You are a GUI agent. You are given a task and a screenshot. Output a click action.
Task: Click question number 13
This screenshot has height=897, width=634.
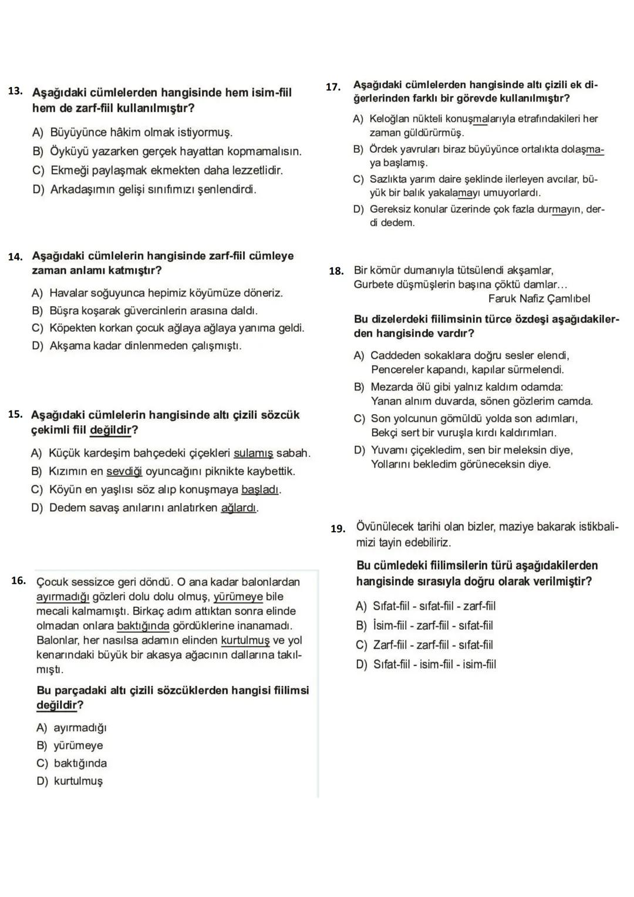pyautogui.click(x=15, y=92)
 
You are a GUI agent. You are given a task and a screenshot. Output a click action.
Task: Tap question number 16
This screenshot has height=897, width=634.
pyautogui.click(x=18, y=581)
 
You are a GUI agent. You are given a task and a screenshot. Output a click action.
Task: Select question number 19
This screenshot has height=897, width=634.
pyautogui.click(x=338, y=529)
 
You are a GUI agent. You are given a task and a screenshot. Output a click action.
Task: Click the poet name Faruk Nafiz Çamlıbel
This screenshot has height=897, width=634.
pyautogui.click(x=539, y=299)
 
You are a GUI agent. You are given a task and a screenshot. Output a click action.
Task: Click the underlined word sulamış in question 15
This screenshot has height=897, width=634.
pyautogui.click(x=254, y=453)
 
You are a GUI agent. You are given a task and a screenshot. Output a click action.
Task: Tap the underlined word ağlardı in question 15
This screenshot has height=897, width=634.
pyautogui.click(x=239, y=508)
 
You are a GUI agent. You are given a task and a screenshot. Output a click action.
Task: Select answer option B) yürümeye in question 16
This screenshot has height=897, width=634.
pyautogui.click(x=70, y=746)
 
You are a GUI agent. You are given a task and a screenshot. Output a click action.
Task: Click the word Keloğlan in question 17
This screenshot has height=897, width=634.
pyautogui.click(x=389, y=119)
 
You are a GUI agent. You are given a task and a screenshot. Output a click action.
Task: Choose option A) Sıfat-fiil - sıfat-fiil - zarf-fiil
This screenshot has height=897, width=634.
pyautogui.click(x=426, y=606)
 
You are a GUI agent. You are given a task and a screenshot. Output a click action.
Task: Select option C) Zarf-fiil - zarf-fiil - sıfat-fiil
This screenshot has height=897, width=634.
pyautogui.click(x=425, y=645)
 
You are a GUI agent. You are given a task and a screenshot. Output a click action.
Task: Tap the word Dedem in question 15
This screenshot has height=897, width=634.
pyautogui.click(x=66, y=508)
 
